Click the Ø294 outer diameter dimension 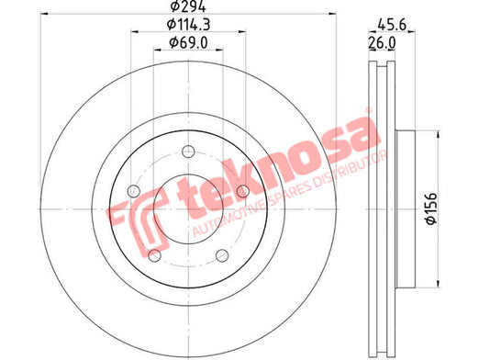tap(188, 6)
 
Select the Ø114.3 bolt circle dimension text tap(188, 25)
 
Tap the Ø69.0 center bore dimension tap(188, 42)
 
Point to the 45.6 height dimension tap(392, 25)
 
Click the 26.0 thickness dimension tap(382, 42)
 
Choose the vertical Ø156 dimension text tap(431, 208)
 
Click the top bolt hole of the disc tap(188, 152)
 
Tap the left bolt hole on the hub tap(134, 191)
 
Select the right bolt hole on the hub tap(243, 191)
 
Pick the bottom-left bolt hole tap(154, 255)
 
